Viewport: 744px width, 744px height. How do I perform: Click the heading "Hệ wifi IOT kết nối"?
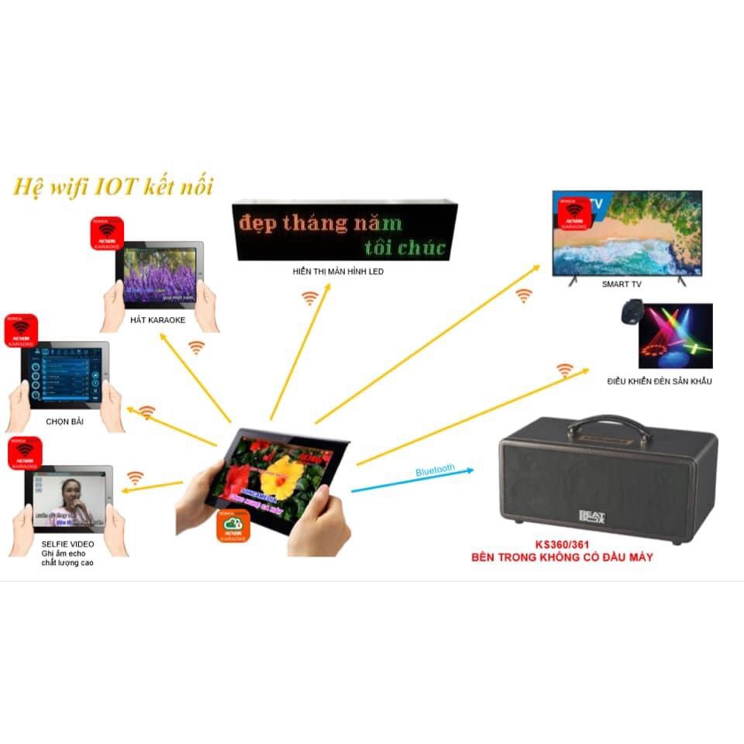pyautogui.click(x=112, y=187)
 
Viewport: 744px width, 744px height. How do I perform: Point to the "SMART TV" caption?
pyautogui.click(x=622, y=284)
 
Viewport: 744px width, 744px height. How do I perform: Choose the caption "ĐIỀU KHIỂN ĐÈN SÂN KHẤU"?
pyautogui.click(x=659, y=381)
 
